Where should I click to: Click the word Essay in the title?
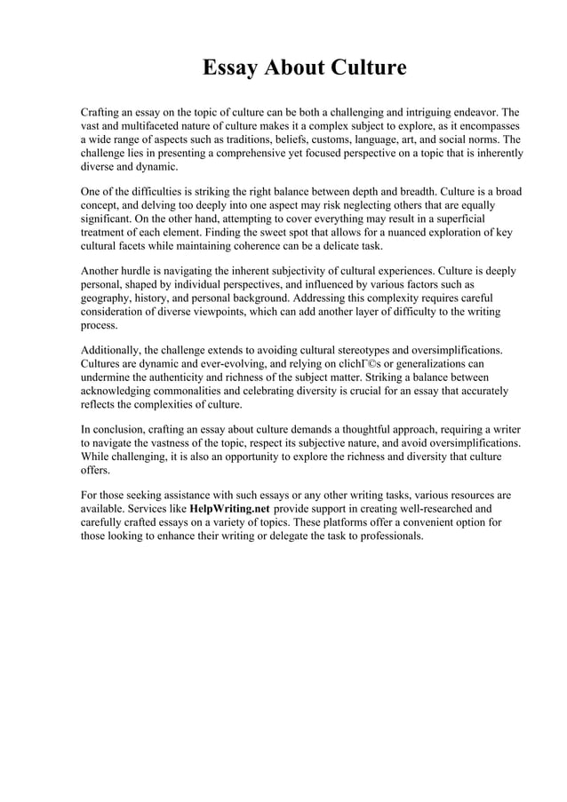(229, 68)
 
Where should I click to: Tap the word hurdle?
(146, 270)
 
